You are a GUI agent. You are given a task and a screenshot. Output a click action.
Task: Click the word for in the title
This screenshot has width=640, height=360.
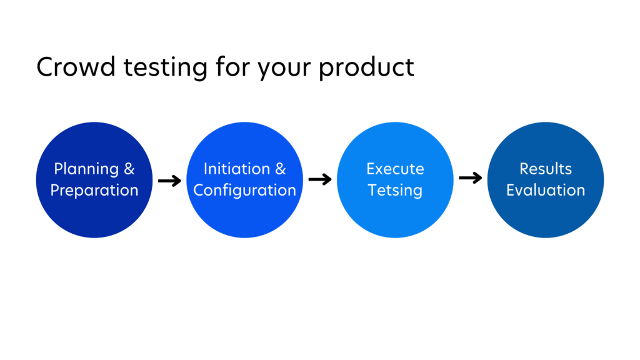231,67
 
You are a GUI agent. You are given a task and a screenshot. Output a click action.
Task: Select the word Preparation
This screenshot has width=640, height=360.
94,191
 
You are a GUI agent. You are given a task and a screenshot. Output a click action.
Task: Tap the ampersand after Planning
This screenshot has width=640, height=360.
129,169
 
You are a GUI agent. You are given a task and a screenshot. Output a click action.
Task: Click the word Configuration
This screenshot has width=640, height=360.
244,191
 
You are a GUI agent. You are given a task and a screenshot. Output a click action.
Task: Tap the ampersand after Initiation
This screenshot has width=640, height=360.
280,169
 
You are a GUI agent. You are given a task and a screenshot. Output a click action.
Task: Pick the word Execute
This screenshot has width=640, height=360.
395,169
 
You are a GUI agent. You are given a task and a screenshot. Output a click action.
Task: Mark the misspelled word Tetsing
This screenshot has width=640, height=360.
395,191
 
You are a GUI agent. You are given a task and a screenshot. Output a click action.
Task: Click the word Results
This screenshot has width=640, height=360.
546,169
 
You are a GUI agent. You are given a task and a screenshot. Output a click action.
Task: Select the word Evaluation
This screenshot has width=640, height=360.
546,190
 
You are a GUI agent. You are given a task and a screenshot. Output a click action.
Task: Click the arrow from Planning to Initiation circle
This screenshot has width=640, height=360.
169,181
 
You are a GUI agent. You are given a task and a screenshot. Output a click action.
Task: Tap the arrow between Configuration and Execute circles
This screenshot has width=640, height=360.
320,180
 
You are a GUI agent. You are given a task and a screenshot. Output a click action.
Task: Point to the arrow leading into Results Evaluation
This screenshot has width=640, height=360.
470,179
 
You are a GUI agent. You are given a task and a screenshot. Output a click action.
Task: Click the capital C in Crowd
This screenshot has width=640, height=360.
45,67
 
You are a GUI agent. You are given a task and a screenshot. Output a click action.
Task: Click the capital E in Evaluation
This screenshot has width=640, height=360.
511,190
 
